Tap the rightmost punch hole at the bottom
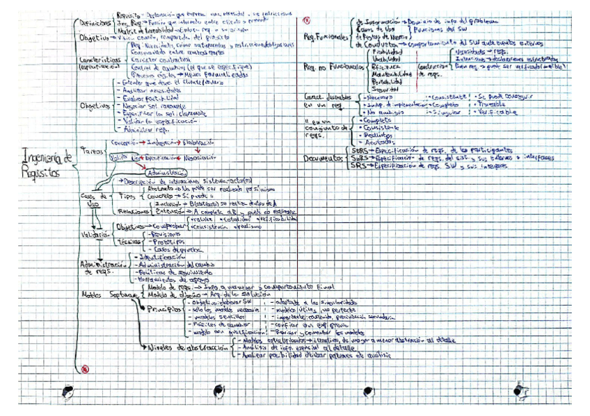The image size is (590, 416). tap(518, 390)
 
